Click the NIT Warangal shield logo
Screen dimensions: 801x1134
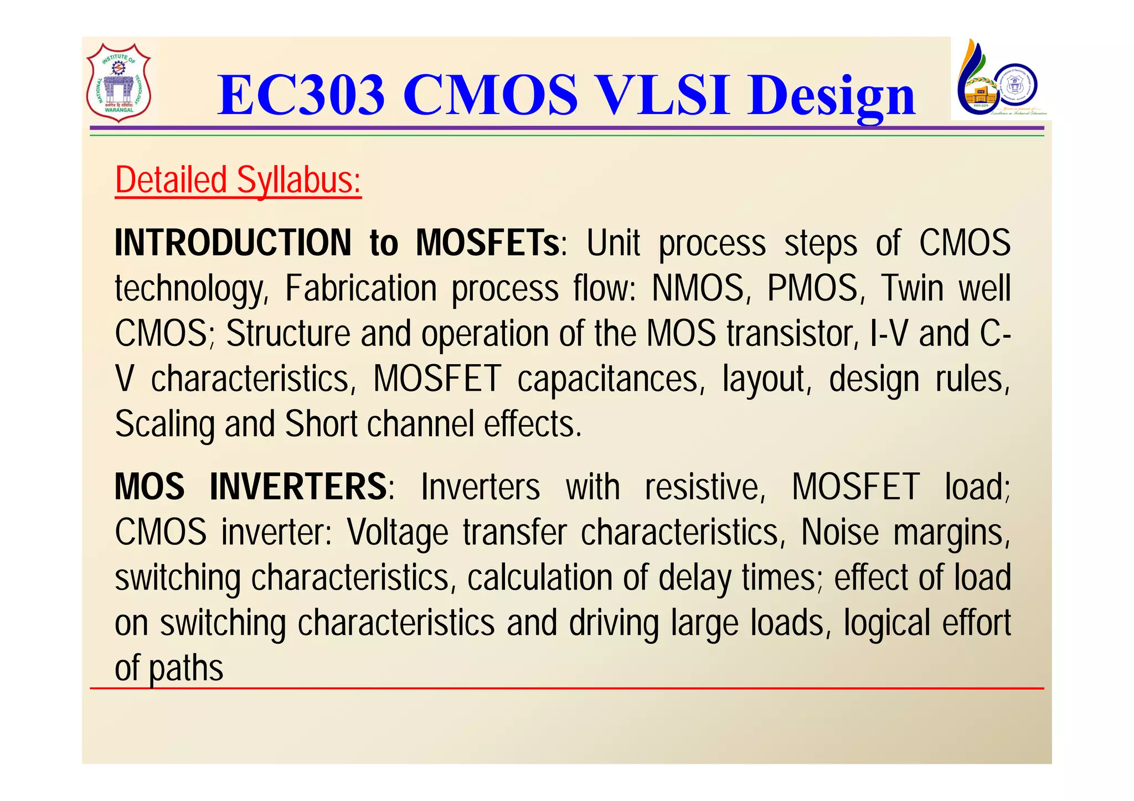[x=118, y=82]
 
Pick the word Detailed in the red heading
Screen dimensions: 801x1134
[x=171, y=180]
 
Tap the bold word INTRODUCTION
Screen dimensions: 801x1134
[x=233, y=243]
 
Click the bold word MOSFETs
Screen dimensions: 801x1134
[x=488, y=243]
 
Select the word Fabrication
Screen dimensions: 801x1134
[x=360, y=288]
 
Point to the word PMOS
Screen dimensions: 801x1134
[x=812, y=288]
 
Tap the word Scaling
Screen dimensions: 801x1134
[x=164, y=425]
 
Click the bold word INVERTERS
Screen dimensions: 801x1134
[x=298, y=487]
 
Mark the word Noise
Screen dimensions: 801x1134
[x=839, y=533]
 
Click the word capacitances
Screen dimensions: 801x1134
[x=607, y=379]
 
